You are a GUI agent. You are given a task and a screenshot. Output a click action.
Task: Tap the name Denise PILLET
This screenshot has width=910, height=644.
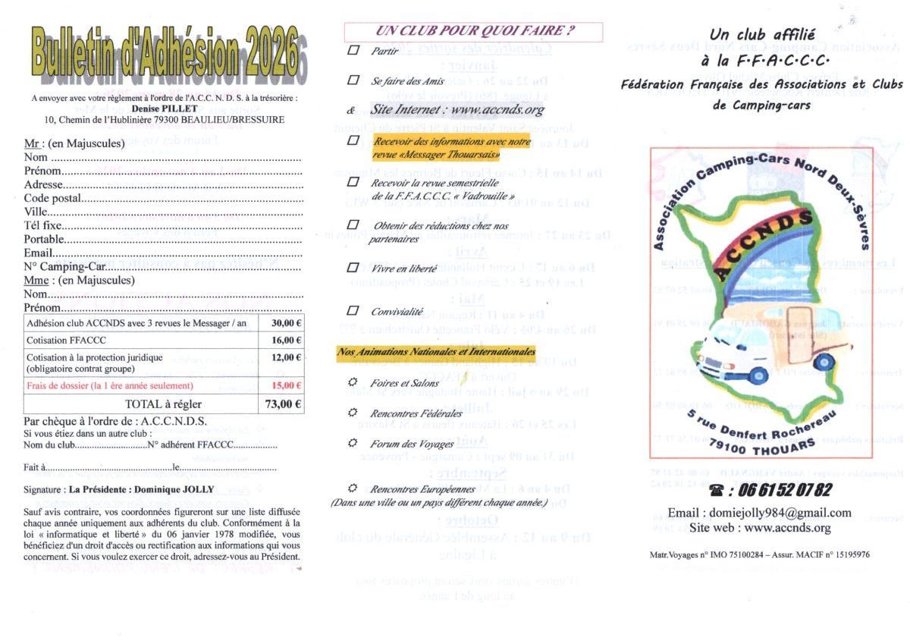click(165, 108)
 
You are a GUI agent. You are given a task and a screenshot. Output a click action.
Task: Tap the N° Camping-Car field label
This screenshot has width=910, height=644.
click(64, 266)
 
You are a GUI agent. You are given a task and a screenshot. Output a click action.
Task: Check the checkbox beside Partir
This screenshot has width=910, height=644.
click(353, 51)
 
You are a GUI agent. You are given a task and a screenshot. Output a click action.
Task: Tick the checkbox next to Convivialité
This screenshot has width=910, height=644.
click(353, 310)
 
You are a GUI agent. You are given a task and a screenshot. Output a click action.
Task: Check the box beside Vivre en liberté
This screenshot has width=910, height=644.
click(353, 268)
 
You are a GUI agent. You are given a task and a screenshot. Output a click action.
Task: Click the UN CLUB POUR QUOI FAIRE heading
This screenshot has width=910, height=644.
click(473, 32)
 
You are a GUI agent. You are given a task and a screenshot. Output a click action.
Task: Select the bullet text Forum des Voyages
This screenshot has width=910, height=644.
click(412, 444)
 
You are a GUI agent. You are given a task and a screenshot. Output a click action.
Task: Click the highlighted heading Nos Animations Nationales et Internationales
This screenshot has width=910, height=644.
click(436, 352)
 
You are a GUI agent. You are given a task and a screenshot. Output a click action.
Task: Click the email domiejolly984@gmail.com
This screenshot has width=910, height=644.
click(759, 513)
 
